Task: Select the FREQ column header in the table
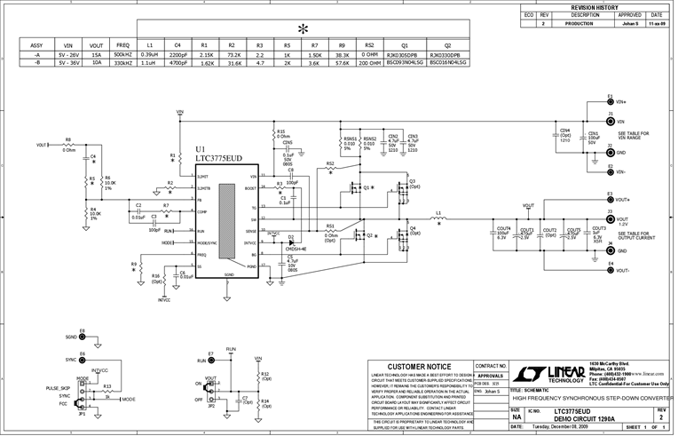click(122, 44)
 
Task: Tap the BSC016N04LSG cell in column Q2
click(447, 63)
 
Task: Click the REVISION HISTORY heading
click(594, 6)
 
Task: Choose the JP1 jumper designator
click(82, 414)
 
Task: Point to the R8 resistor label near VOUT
click(68, 139)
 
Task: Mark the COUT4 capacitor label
click(503, 229)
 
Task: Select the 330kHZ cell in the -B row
click(122, 63)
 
